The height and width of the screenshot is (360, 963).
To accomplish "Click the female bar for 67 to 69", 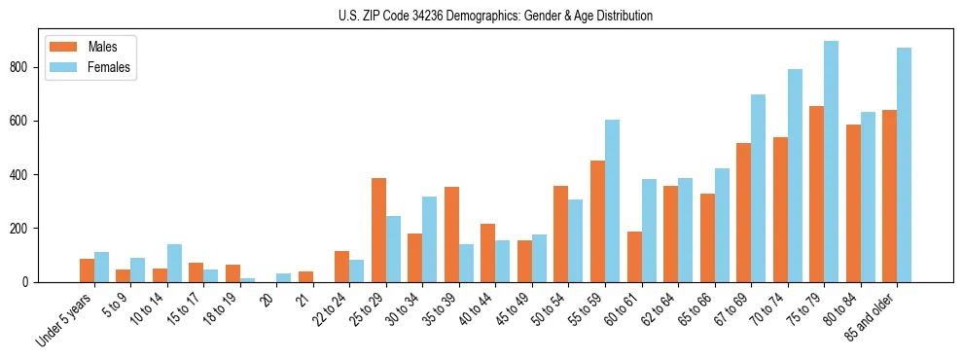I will (x=758, y=188).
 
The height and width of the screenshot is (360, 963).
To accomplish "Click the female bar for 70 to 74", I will (x=795, y=175).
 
